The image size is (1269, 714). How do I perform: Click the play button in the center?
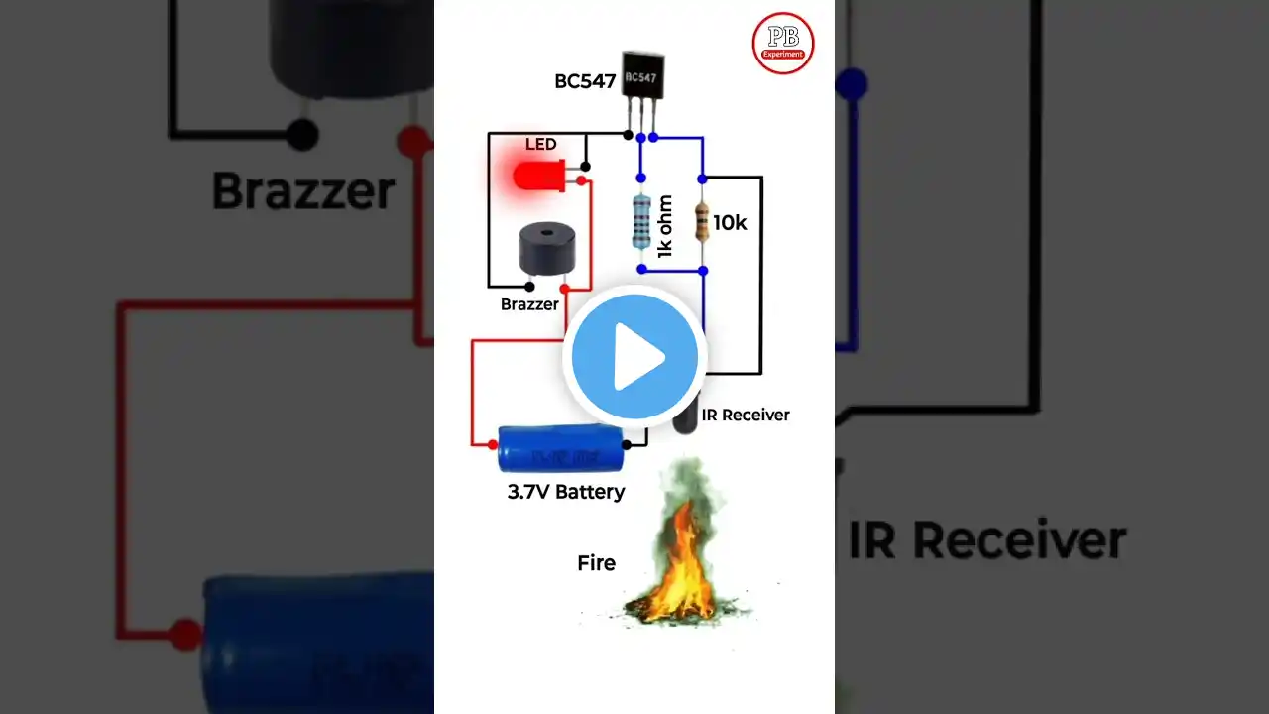click(634, 357)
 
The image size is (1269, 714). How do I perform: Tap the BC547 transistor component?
click(642, 77)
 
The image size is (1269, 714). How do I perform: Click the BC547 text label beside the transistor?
click(585, 81)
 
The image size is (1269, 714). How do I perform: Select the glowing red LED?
click(536, 178)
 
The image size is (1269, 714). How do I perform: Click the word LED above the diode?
click(540, 145)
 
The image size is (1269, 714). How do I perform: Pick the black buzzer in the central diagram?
click(543, 250)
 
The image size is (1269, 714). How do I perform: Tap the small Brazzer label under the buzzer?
click(529, 304)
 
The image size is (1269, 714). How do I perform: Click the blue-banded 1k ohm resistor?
click(641, 220)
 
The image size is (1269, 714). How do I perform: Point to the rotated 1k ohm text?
click(665, 227)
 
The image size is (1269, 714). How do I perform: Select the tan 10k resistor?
click(702, 222)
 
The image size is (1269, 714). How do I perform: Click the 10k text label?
click(730, 223)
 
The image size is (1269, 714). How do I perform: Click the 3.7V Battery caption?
click(566, 491)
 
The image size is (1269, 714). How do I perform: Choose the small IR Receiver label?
click(746, 415)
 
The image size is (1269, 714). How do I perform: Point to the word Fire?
click(596, 563)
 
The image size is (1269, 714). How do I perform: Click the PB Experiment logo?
click(783, 43)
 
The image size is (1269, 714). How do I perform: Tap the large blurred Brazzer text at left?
click(303, 190)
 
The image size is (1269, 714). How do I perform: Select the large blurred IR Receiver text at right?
click(986, 541)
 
